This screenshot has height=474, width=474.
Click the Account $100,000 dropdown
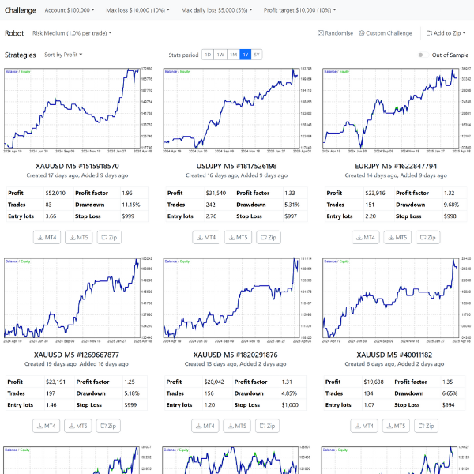click(x=69, y=11)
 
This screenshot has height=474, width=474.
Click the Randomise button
click(x=335, y=33)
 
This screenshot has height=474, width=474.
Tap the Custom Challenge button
click(x=385, y=33)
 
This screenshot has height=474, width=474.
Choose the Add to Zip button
click(x=444, y=33)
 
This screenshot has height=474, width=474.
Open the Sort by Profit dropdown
click(x=63, y=55)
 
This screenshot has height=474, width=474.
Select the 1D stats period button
click(x=208, y=55)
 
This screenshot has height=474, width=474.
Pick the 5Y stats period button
click(x=257, y=55)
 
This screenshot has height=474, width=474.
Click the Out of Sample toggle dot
click(x=421, y=55)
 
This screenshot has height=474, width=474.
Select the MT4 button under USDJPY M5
click(x=205, y=237)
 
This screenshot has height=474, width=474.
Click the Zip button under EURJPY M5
click(x=427, y=237)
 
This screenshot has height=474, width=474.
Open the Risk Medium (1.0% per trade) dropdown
click(x=72, y=33)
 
